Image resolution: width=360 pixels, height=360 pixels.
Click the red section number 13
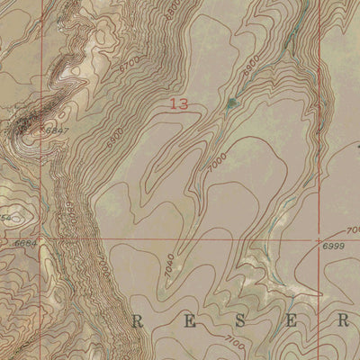[178, 105]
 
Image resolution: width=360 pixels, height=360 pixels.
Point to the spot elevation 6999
[332, 246]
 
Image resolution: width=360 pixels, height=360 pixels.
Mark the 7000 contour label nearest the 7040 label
[104, 266]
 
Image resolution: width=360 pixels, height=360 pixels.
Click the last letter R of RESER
[342, 320]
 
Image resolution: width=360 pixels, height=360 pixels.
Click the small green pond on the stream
[233, 103]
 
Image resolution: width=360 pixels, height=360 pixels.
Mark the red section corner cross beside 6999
[319, 239]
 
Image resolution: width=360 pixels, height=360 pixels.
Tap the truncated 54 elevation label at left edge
[4, 218]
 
